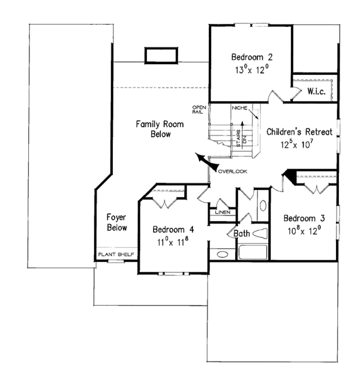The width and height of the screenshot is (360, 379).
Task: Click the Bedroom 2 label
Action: tap(252, 58)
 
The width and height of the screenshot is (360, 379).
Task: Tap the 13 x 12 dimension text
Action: tap(252, 70)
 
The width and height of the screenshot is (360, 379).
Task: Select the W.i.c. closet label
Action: tap(316, 91)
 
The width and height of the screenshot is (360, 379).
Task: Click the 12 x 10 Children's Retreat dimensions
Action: tap(297, 145)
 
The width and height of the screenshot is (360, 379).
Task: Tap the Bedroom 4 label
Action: tap(173, 229)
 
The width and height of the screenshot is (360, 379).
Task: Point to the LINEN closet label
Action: tap(221, 212)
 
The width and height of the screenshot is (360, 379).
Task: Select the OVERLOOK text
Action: tap(233, 172)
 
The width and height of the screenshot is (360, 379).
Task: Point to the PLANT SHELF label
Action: tap(116, 255)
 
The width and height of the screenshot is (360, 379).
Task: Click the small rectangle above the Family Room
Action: tap(160, 54)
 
